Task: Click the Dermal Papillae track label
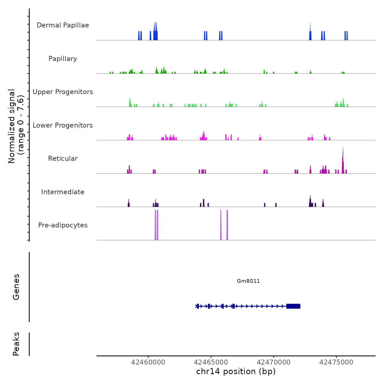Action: pos(63,25)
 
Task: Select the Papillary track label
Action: pos(63,59)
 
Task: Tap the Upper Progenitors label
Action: pos(63,92)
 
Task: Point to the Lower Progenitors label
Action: pos(63,125)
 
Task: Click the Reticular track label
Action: pos(63,159)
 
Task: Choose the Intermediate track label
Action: pos(63,192)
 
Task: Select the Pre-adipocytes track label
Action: pos(63,225)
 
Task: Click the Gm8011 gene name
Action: pos(248,281)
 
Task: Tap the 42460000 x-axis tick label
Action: pos(148,362)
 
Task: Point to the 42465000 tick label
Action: pos(211,362)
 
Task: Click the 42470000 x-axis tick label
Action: pos(273,362)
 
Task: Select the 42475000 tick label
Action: pos(336,362)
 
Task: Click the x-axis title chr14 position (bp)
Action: pos(236,371)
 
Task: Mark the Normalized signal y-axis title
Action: pos(16,126)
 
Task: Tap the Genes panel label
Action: pos(16,287)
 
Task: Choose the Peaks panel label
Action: pos(16,344)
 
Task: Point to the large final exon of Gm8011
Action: pos(293,306)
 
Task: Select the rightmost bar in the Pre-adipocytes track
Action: pos(227,225)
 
